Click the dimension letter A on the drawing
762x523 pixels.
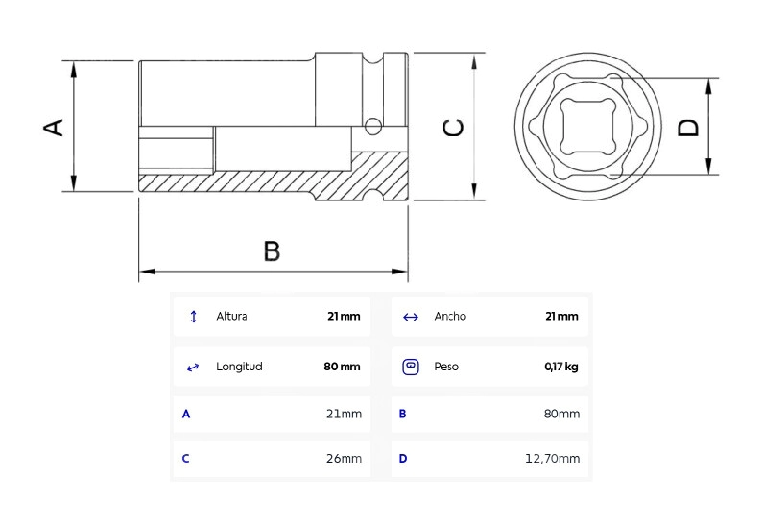[54, 127]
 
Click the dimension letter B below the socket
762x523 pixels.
[272, 251]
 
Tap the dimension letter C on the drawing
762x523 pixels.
[454, 128]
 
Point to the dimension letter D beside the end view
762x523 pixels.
[688, 128]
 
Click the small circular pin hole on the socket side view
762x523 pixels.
[372, 127]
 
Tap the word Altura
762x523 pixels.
[232, 317]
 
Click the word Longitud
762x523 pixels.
[239, 367]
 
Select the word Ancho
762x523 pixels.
[450, 317]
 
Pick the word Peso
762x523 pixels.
[446, 367]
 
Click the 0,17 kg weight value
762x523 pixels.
[561, 367]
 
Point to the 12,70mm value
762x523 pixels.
[553, 459]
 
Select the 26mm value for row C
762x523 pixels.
[345, 459]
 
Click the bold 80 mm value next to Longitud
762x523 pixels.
[342, 367]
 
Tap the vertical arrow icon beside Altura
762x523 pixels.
[194, 317]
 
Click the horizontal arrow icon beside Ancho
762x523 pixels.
[411, 318]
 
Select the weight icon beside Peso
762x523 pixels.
[411, 367]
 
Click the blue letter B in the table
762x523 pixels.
[402, 415]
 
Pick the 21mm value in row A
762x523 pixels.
[345, 415]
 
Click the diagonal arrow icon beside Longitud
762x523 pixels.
[193, 367]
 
